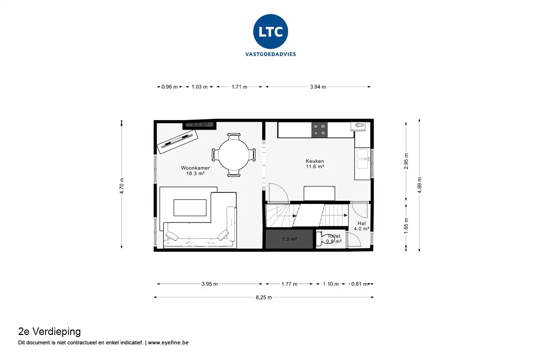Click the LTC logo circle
pos(270,32)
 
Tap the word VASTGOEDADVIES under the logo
pos(270,54)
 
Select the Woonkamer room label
pos(195,168)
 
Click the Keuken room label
pos(315,161)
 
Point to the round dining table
pos(233,155)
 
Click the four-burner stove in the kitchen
pos(319,130)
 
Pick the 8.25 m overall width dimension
pos(264,297)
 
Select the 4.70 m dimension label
pos(122,186)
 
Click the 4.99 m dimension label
pos(420,185)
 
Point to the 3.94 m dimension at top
pos(318,87)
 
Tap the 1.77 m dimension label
pos(289,284)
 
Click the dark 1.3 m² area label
pos(289,239)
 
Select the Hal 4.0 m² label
pos(362,226)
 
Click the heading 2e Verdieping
pos(49,332)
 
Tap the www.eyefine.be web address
pos(168,343)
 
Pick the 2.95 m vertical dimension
pos(406,161)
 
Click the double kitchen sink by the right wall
pos(362,159)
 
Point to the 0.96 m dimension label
pos(170,87)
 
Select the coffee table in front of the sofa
pos(190,207)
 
